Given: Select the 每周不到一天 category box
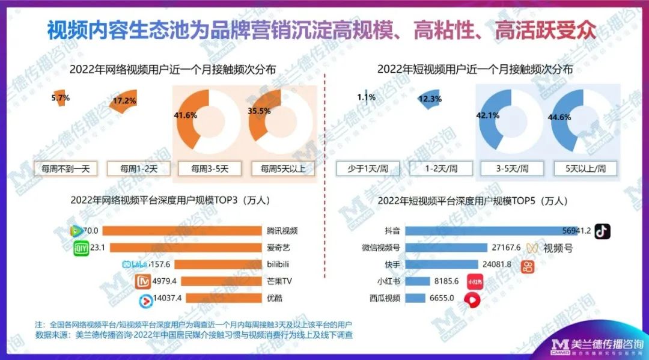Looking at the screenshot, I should (x=66, y=168).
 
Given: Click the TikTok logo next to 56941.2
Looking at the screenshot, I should (x=602, y=231).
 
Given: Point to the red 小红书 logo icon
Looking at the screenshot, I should (x=475, y=281).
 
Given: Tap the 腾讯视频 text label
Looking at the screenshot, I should (x=282, y=231).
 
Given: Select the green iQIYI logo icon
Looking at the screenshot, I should (x=81, y=248).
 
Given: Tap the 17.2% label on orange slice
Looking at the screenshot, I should (x=124, y=101).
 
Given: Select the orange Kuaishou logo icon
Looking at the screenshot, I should (x=528, y=266).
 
